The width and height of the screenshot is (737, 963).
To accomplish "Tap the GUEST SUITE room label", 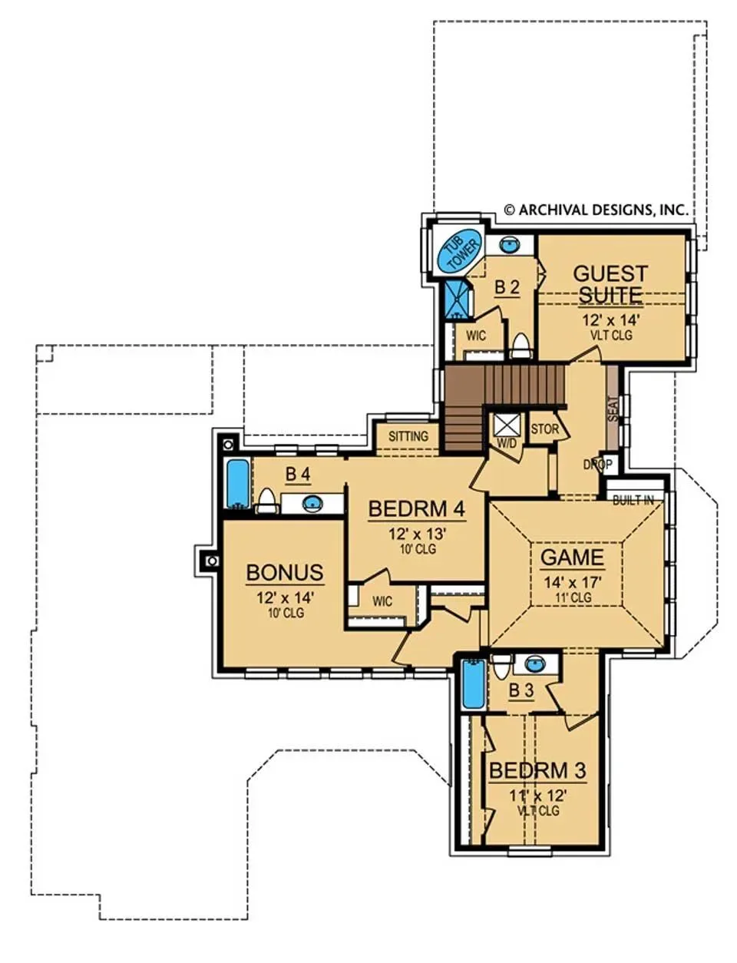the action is pyautogui.click(x=610, y=284).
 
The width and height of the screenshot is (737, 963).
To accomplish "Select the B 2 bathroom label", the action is pyautogui.click(x=507, y=288).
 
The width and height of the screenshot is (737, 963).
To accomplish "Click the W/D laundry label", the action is pyautogui.click(x=507, y=443).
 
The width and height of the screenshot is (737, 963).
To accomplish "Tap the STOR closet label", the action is pyautogui.click(x=544, y=429).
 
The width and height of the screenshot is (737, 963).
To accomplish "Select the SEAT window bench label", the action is pyautogui.click(x=613, y=411).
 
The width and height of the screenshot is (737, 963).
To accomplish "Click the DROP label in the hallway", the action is pyautogui.click(x=597, y=465).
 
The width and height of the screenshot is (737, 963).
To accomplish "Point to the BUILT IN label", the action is pyautogui.click(x=633, y=501).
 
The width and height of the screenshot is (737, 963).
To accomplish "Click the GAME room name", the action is pyautogui.click(x=572, y=557).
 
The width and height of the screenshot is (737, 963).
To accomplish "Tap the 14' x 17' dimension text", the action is pyautogui.click(x=572, y=582).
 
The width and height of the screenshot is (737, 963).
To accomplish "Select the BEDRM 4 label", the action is pyautogui.click(x=417, y=508).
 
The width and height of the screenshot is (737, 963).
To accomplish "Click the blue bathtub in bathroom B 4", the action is pyautogui.click(x=238, y=484).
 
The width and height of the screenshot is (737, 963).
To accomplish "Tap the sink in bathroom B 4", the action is pyautogui.click(x=312, y=502).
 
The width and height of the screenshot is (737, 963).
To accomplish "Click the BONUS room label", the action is pyautogui.click(x=285, y=573).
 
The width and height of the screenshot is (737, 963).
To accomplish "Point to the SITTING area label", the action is pyautogui.click(x=408, y=436).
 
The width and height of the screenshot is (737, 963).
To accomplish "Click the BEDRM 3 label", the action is pyautogui.click(x=537, y=771).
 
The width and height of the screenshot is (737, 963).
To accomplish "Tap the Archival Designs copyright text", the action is pyautogui.click(x=597, y=210).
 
